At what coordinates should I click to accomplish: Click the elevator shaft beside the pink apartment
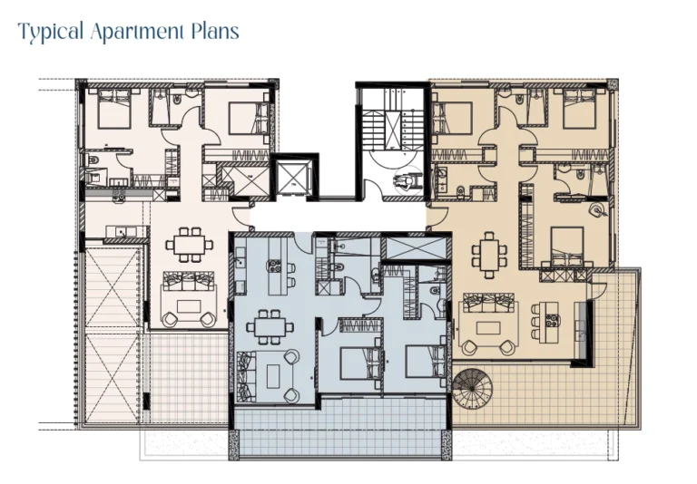290,177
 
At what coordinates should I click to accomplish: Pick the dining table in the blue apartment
268,324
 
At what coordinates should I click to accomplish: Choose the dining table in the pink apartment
191,245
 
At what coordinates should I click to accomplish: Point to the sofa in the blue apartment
247,374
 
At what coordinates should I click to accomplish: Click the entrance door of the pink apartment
240,215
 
